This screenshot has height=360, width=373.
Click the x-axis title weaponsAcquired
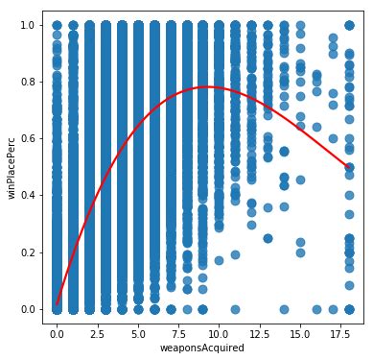(202, 348)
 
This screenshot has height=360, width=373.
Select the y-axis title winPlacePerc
(12, 167)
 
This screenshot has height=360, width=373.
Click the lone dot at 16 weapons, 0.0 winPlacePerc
(316, 309)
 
